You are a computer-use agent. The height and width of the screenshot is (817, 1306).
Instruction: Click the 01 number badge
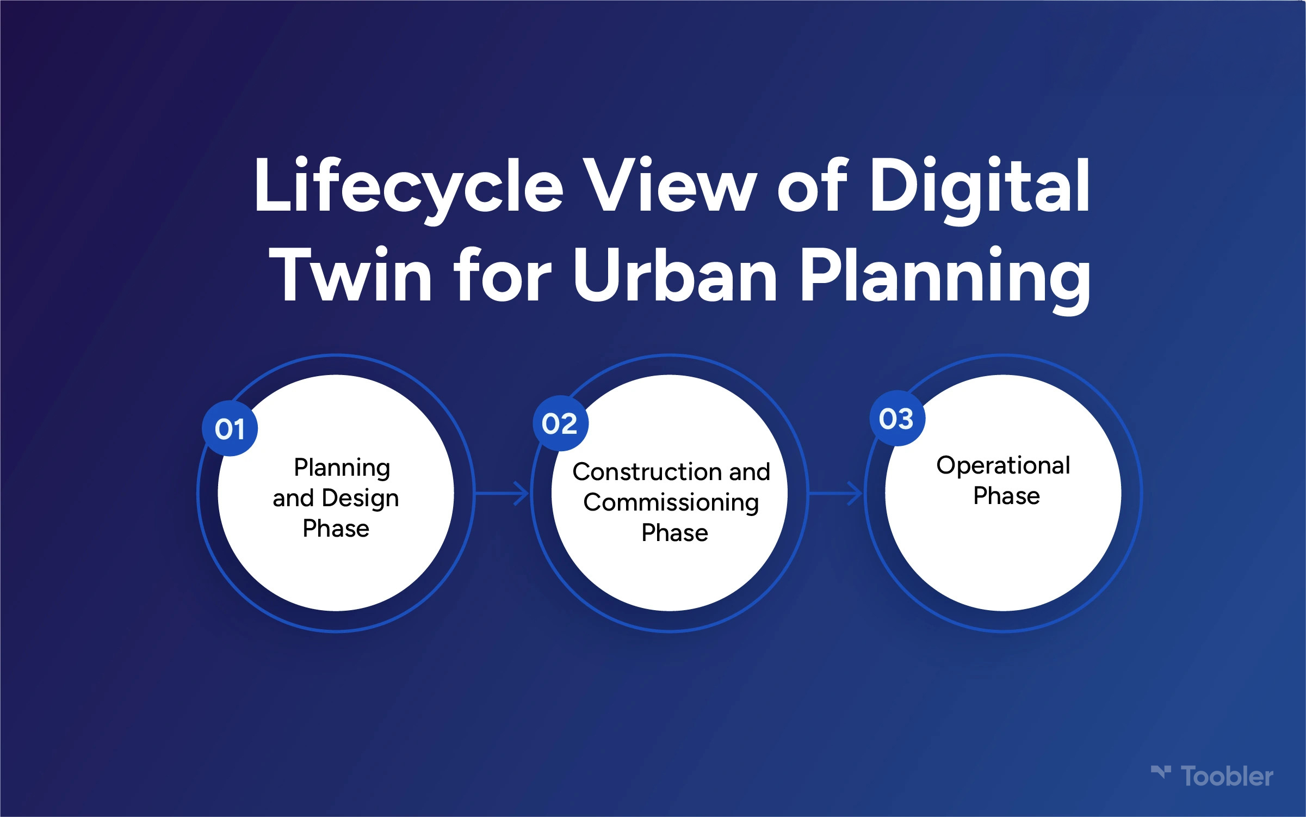(x=230, y=428)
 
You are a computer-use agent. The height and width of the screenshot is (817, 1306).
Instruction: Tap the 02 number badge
(x=560, y=423)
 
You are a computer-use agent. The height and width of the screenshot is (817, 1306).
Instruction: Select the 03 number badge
(x=897, y=418)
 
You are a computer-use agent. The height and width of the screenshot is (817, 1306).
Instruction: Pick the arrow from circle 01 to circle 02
(x=502, y=494)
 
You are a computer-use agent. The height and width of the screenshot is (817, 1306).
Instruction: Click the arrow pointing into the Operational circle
(x=835, y=494)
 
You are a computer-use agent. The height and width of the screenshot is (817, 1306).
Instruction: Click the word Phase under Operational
(x=1006, y=496)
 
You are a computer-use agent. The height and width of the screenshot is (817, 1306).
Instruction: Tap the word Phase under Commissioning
(x=674, y=533)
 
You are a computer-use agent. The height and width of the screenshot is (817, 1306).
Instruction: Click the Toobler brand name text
(x=1227, y=777)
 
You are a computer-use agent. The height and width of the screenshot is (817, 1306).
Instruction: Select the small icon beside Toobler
(x=1161, y=772)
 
